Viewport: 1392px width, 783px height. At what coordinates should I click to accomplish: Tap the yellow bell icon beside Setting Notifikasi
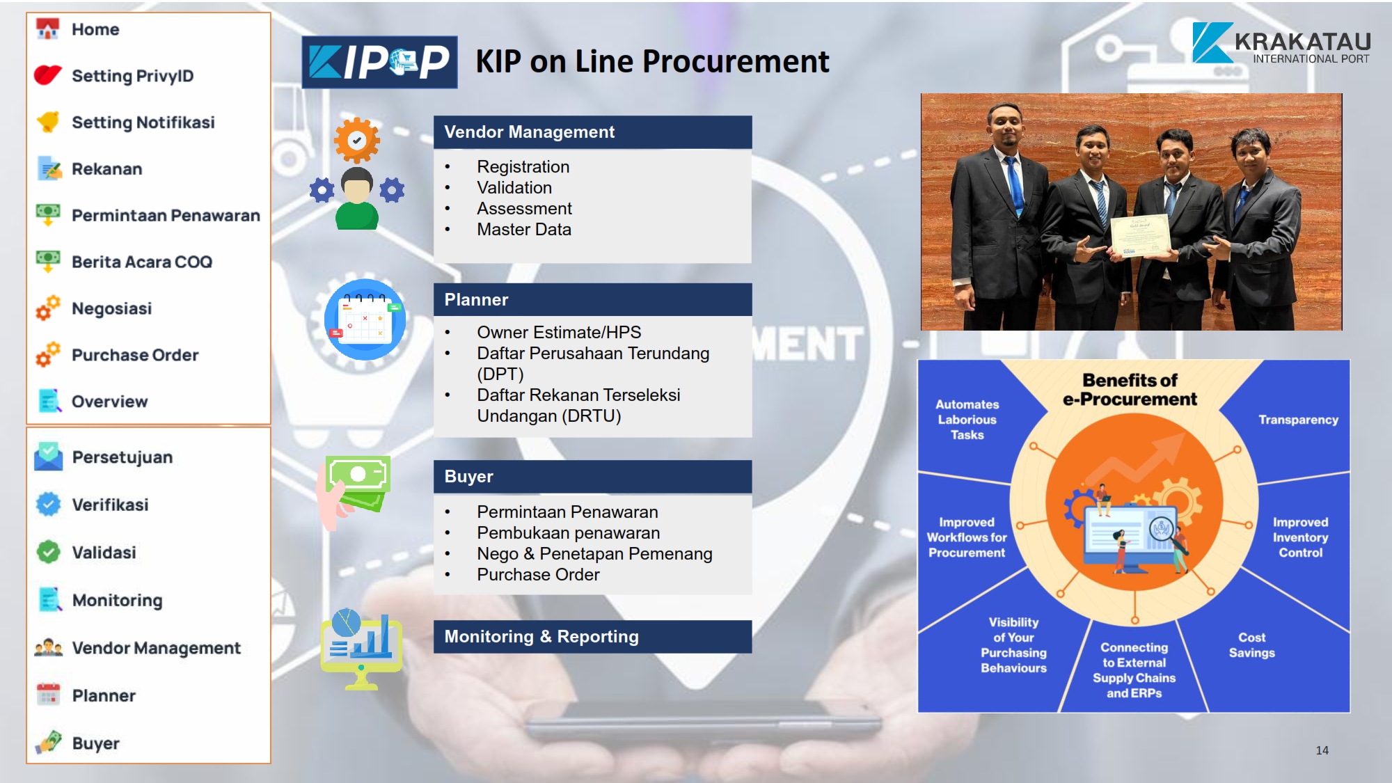pos(48,122)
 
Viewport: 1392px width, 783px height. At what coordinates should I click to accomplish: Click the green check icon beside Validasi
pos(48,552)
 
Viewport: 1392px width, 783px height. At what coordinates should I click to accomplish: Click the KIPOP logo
pos(379,62)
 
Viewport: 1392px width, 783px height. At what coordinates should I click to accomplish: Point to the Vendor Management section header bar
pos(592,132)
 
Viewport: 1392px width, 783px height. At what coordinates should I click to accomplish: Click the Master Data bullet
pos(523,230)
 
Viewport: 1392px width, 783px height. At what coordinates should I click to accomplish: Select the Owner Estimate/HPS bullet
pos(559,333)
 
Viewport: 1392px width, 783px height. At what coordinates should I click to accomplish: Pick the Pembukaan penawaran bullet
pos(568,533)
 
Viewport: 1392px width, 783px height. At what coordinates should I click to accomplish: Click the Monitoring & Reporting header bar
pos(592,637)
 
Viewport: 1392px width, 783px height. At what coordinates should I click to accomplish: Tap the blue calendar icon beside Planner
pos(365,319)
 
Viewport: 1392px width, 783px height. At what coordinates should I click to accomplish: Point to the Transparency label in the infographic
pos(1298,420)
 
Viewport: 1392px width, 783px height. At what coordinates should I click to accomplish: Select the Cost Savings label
pos(1251,645)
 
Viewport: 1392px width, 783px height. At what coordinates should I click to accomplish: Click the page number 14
pos(1322,750)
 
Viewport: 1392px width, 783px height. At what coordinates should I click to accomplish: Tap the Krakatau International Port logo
pos(1281,43)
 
